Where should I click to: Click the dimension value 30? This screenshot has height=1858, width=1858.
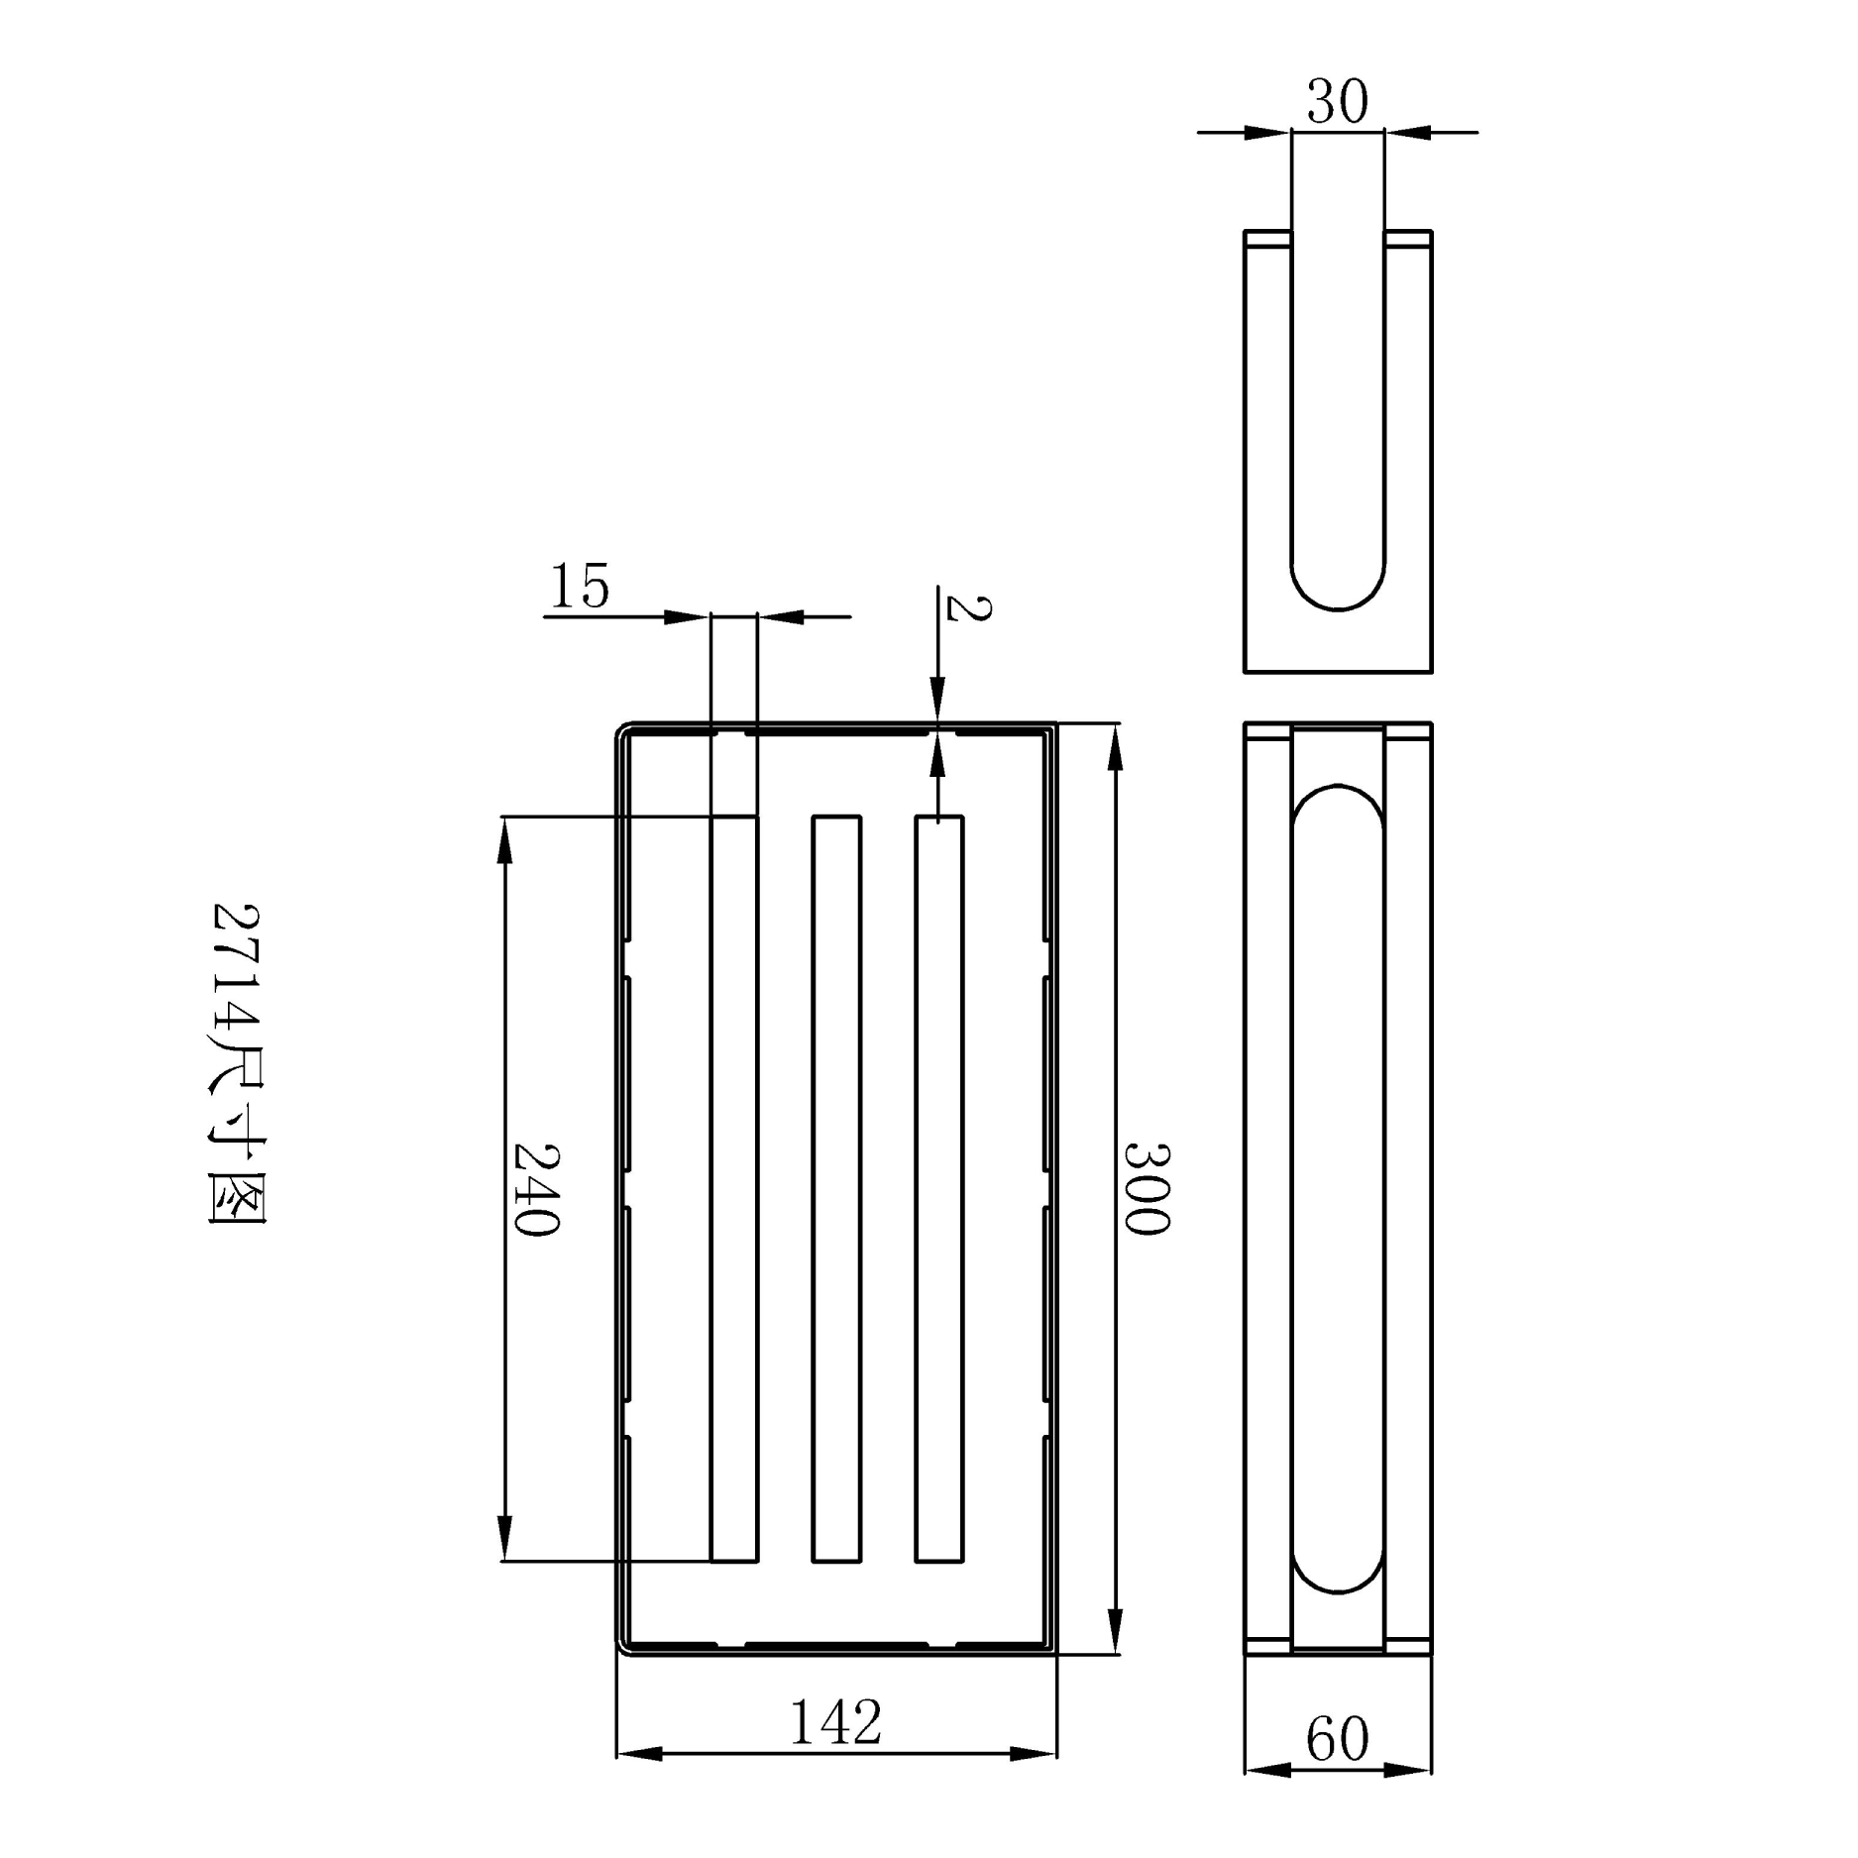pos(1337,101)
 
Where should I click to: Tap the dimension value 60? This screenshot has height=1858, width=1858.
pos(1337,1739)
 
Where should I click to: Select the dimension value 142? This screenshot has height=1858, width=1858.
pos(835,1723)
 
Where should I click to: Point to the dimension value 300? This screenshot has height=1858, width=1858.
pos(1147,1188)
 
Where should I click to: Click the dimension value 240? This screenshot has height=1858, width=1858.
pos(536,1188)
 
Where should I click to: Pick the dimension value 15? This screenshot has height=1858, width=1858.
pos(580,586)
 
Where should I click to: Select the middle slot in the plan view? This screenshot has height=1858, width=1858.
pos(836,1188)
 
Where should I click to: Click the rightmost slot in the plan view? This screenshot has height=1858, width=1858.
pos(938,1188)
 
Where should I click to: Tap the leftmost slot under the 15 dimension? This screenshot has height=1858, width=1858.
pos(734,1188)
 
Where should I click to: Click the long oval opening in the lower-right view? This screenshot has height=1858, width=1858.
pos(1338,1188)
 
